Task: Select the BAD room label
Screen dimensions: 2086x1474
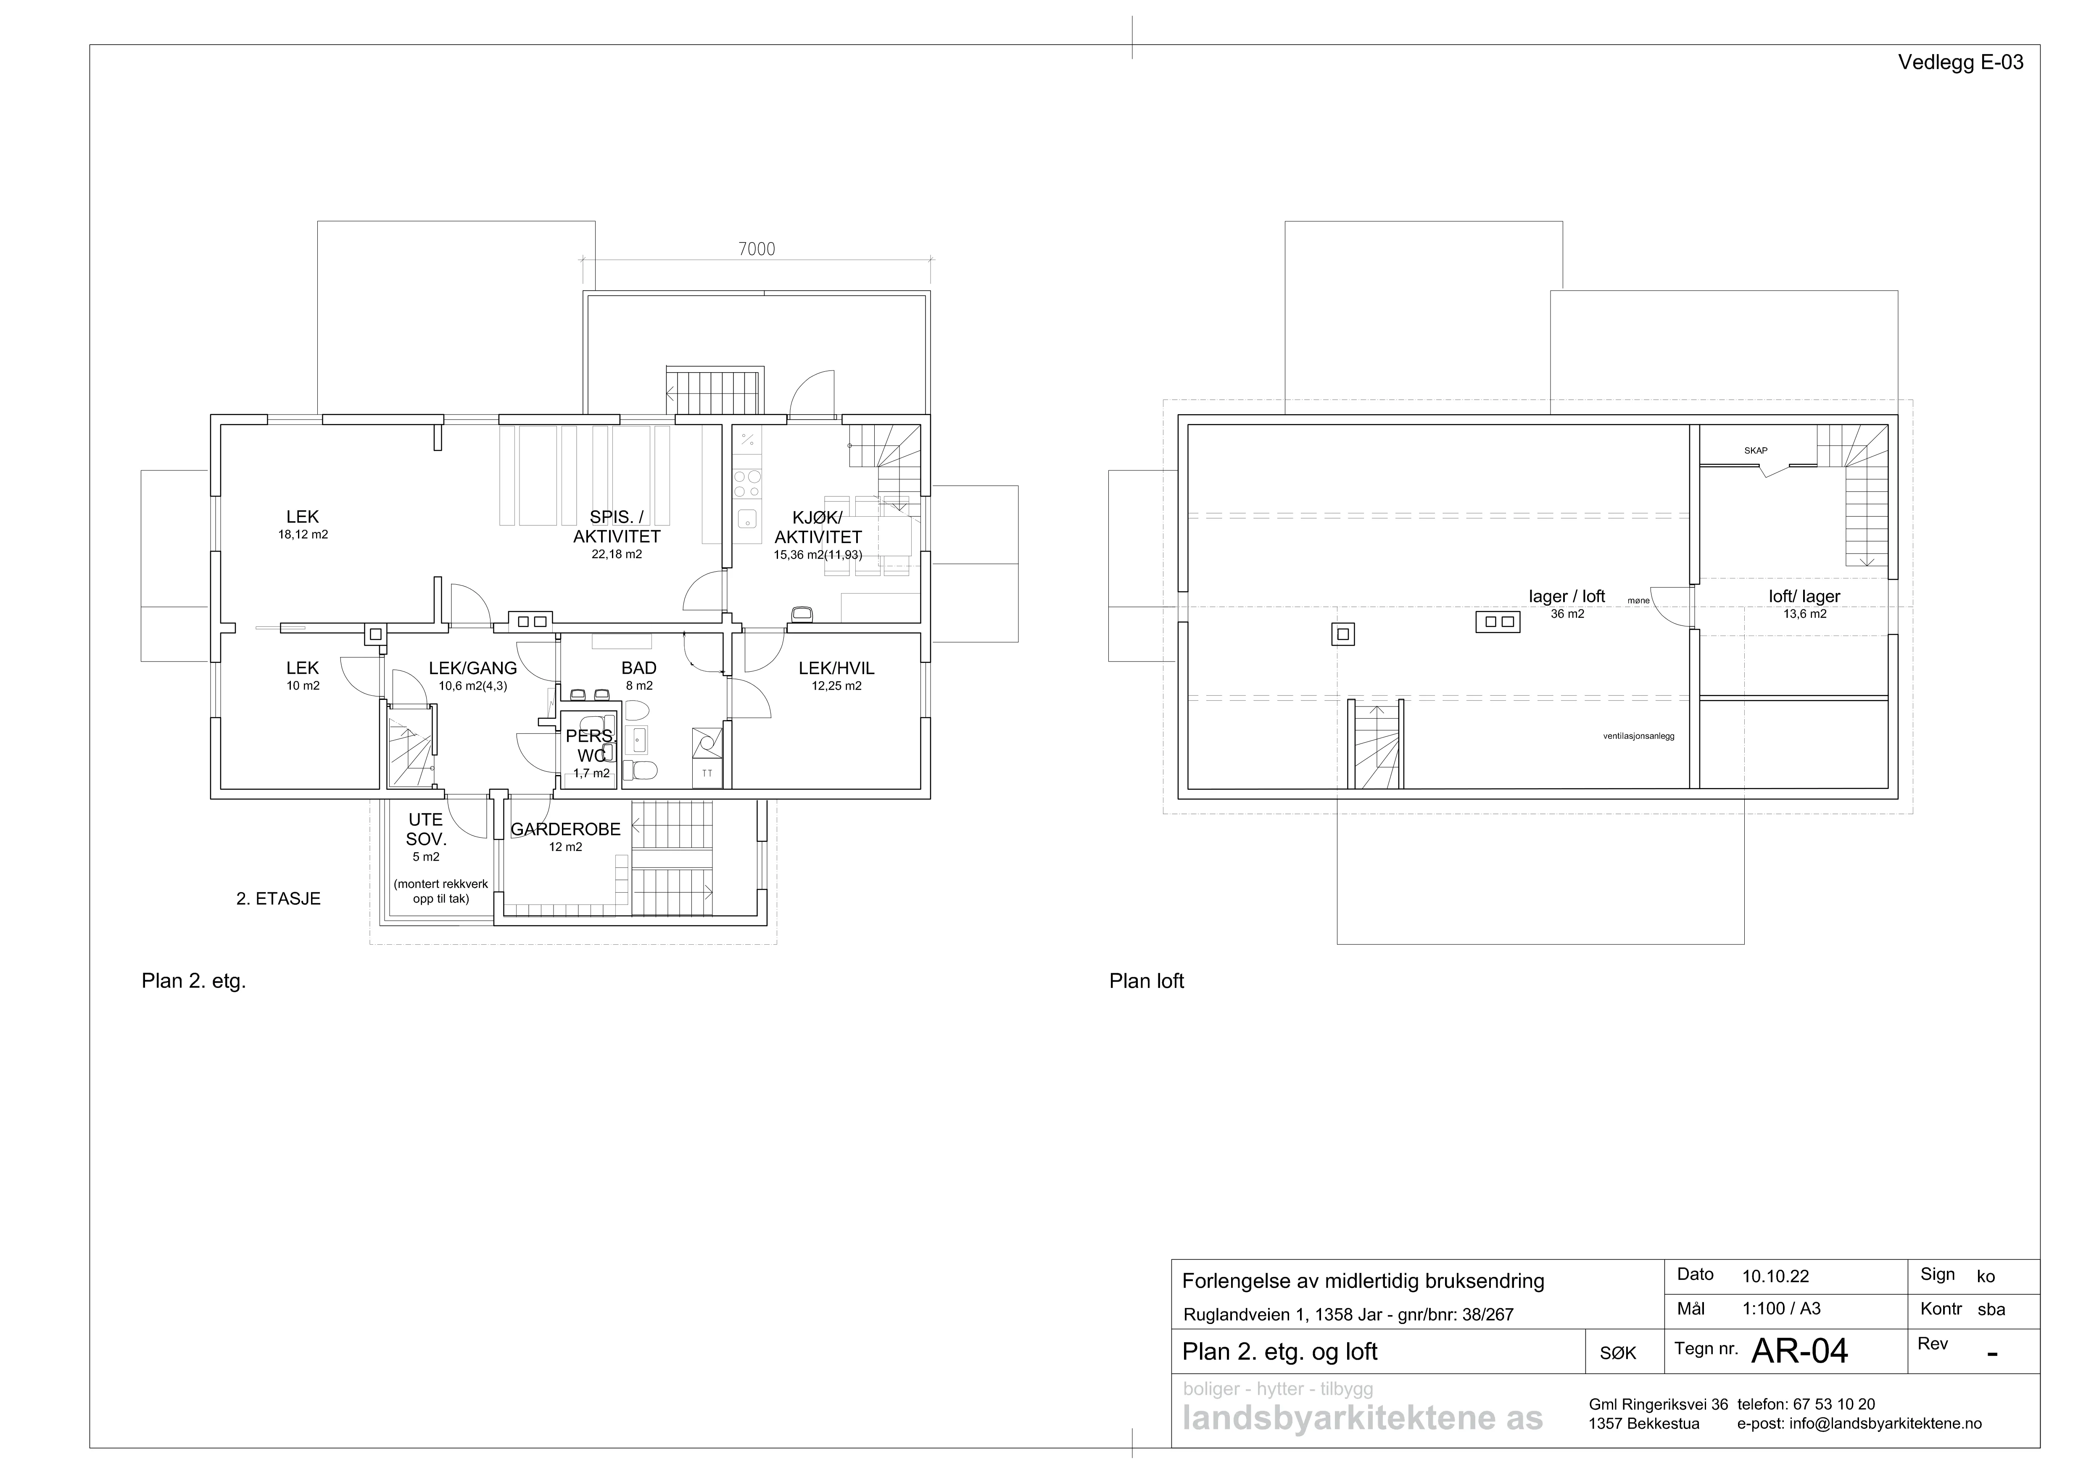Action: (x=639, y=667)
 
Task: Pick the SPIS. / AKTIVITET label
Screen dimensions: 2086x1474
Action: (x=617, y=527)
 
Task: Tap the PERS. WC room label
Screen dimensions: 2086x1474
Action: (x=591, y=745)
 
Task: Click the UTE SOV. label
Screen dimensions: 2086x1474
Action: (x=425, y=829)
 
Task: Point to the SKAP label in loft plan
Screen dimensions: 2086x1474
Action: (x=1755, y=450)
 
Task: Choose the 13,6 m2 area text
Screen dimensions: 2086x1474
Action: (x=1804, y=614)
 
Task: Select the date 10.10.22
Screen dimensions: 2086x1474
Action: (x=1775, y=1276)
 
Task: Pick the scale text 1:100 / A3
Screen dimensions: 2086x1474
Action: (x=1781, y=1309)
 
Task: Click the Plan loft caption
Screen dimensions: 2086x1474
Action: (x=1147, y=981)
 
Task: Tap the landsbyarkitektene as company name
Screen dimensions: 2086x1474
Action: (x=1362, y=1419)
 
